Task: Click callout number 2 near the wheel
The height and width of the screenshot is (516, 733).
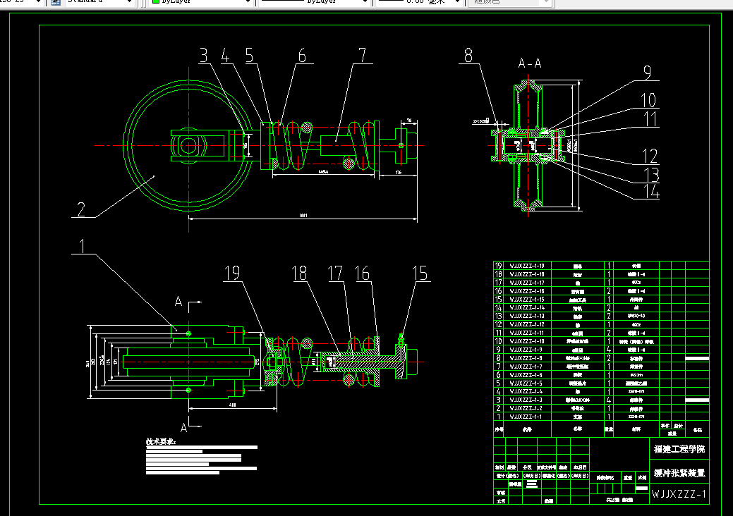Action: click(x=81, y=209)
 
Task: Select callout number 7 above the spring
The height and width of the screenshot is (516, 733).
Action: click(x=362, y=56)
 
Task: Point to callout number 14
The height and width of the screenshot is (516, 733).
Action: click(x=652, y=191)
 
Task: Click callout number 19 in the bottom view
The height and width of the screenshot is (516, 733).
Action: click(x=233, y=274)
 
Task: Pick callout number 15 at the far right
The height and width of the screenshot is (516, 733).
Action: click(x=420, y=274)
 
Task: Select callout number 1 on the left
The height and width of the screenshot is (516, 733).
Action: click(x=84, y=246)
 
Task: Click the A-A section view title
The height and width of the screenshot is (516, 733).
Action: click(x=530, y=64)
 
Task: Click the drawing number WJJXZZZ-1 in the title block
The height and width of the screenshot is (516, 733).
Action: click(x=678, y=495)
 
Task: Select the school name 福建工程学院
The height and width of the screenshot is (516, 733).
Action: click(x=678, y=449)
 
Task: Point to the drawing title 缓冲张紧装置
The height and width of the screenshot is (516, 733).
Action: click(x=678, y=472)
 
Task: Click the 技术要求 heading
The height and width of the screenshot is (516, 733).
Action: click(x=162, y=442)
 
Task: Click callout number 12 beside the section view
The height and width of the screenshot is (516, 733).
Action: click(x=649, y=156)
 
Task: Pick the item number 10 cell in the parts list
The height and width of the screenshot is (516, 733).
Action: click(x=498, y=341)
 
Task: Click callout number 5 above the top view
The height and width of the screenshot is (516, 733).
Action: click(x=249, y=56)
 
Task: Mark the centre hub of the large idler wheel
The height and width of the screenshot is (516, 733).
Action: click(x=188, y=147)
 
